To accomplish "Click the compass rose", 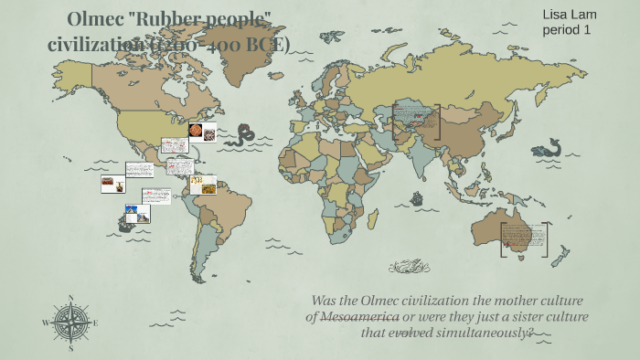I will pos(69,322).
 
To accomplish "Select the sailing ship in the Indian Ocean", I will pos(417,197).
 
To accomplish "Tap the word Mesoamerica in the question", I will pos(357,316).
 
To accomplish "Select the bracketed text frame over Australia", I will pos(525,240).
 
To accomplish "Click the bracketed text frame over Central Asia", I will pos(416,122).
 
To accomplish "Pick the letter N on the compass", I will pos(69,297).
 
